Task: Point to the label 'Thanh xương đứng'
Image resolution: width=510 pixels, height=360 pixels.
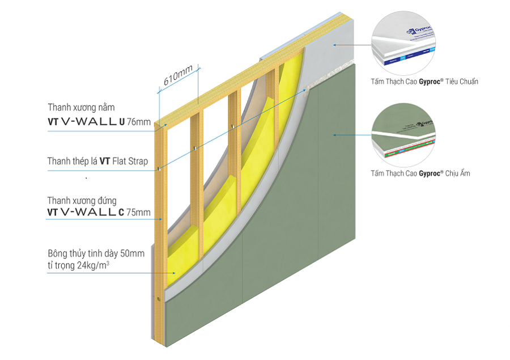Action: click(82, 200)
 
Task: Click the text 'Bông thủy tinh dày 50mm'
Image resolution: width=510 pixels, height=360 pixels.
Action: click(96, 253)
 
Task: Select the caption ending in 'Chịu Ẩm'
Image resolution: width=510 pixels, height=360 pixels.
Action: click(420, 173)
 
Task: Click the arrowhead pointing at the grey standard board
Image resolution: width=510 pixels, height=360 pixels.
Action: click(334, 44)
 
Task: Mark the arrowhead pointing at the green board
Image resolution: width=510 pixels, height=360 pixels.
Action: click(334, 135)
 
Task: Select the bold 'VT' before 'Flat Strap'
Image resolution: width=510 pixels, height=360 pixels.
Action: click(104, 162)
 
